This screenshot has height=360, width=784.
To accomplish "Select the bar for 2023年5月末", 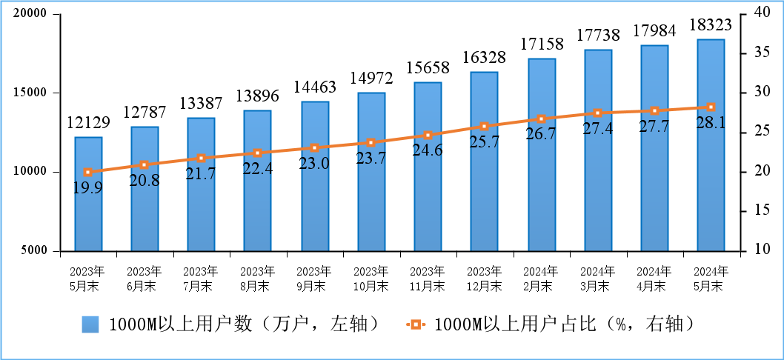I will pos(88,194).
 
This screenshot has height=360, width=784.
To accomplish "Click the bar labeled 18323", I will pos(711,145).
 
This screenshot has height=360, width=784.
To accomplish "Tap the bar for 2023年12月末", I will pos(484,161).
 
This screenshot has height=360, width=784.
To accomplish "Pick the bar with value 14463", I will pos(314,176).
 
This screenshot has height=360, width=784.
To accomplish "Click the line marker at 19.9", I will pos(88,172).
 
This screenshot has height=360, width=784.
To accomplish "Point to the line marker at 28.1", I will pos(711,107).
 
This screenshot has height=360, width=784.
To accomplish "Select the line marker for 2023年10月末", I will pos(371,142).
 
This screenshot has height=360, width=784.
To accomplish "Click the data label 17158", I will pos(540,44).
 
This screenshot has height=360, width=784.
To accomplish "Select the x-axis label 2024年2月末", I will pos(540,278).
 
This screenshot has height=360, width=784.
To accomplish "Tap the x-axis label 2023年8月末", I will pos(257,278).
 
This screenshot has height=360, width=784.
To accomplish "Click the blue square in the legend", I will pos(90,324).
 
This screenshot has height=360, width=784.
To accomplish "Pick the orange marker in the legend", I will pos(416,324).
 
